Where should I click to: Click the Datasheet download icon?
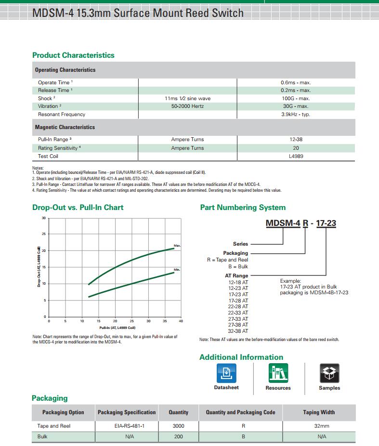coord(226,373)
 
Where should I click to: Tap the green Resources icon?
coord(278,373)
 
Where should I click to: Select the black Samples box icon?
coord(329,373)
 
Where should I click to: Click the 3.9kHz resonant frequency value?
coord(295,114)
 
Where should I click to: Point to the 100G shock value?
coord(295,98)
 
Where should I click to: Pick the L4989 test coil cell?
coord(295,156)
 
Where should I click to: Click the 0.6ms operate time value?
coord(295,82)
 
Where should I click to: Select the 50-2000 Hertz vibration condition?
coord(187,106)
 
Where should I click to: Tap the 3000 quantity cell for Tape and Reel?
coord(178,426)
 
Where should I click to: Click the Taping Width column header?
coord(319,412)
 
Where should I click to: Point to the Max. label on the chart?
coord(177,246)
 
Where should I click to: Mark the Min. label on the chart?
coord(177,269)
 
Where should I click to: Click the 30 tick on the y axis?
coord(43,218)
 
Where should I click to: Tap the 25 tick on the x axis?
coord(131,321)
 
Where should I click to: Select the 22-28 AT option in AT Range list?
coord(238,306)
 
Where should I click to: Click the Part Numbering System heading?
coord(243,208)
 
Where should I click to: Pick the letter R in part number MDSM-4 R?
coord(305,223)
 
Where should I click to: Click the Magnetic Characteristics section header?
coord(65,127)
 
